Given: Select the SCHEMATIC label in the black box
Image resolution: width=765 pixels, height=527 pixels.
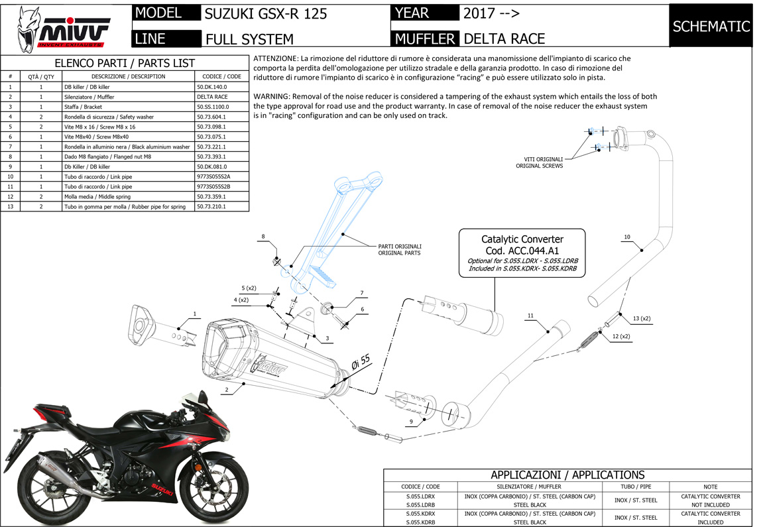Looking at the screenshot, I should coord(711,27).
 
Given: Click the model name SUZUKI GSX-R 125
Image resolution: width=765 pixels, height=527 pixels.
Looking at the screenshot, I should coord(266,13).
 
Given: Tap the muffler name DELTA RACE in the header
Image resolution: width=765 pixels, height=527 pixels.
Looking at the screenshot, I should coord(504,38).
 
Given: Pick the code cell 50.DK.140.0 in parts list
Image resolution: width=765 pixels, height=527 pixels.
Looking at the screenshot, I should coord(212,87).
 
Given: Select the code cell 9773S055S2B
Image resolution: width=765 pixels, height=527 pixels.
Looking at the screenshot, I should coord(213,186).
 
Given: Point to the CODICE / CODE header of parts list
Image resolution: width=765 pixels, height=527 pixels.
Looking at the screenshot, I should coord(222,76).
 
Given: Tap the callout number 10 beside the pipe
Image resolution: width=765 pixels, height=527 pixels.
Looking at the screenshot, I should coord(627,237).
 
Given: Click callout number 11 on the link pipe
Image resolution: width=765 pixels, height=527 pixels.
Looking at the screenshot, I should coord(530,315).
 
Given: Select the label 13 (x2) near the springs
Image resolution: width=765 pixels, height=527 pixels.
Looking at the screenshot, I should coord(641,319).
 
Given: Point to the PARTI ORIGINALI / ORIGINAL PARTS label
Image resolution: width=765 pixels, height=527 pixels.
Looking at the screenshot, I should coord(399,249).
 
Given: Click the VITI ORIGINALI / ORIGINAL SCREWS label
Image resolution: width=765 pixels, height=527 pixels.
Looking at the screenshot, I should coord(539,162).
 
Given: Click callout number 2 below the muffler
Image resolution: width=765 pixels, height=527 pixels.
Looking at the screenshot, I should coord(227,390).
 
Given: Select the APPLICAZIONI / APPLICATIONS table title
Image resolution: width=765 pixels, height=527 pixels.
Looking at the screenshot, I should coord(567,475).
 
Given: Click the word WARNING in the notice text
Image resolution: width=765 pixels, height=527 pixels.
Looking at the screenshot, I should coord(270,96).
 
